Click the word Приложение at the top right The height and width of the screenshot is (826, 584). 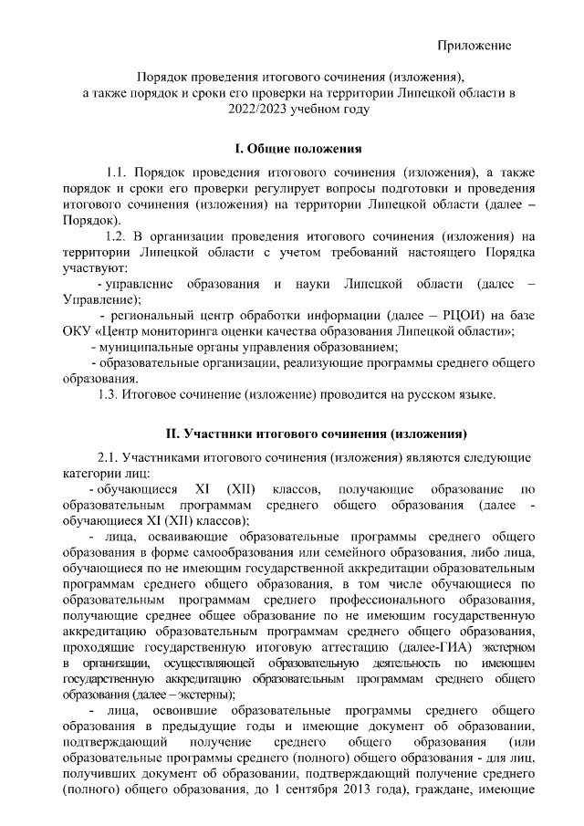[474, 45]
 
